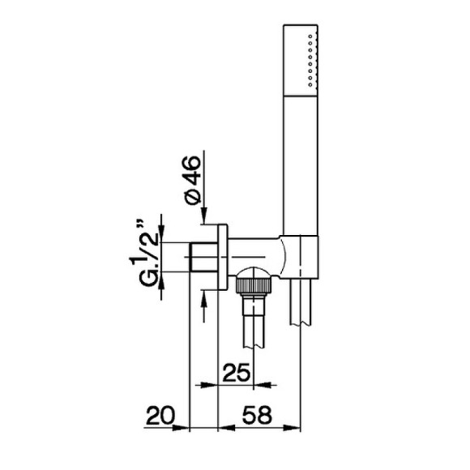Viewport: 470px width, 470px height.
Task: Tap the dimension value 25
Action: click(x=236, y=373)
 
